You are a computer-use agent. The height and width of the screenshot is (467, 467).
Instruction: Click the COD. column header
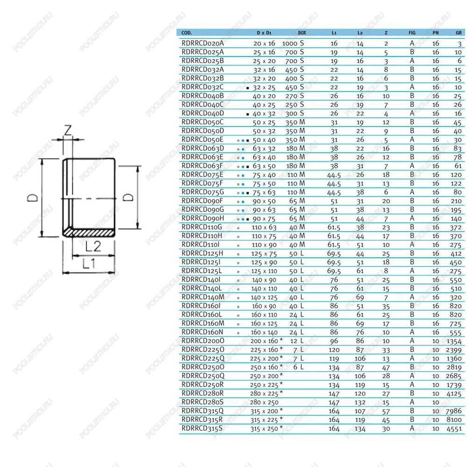pos(186,33)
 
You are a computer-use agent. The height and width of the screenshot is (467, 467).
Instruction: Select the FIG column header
pos(412,33)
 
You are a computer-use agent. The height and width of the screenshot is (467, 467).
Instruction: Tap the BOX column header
pos(302,33)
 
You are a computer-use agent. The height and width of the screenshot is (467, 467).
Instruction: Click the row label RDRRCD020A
pos(203,43)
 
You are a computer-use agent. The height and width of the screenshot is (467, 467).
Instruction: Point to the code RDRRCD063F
pos(202,166)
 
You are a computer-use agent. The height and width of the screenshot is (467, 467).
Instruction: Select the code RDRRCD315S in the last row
pos(202,429)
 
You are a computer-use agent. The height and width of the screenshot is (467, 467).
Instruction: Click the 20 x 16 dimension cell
pos(264,43)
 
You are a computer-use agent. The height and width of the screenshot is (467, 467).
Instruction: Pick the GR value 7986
pos(453,411)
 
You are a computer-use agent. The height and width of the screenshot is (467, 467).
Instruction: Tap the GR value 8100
pos(454,420)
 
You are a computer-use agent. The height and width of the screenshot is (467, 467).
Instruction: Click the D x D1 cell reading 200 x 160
pos(264,341)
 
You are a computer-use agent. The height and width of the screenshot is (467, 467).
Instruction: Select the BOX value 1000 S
pos(293,43)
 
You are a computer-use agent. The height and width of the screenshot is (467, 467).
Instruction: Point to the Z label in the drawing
pos(68,130)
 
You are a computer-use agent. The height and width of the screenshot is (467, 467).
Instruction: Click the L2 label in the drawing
pos(93,247)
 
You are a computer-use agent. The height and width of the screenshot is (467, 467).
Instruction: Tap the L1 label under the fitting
pos(89,263)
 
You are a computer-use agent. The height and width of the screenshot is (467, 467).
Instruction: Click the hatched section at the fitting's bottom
pos(90,233)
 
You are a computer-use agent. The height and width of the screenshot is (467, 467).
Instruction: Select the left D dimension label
pos(33,198)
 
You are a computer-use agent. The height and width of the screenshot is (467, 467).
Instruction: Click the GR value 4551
pos(454,429)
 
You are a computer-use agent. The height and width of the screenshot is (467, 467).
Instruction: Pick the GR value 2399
pos(453,350)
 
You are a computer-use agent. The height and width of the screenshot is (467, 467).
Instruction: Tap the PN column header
pos(435,33)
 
